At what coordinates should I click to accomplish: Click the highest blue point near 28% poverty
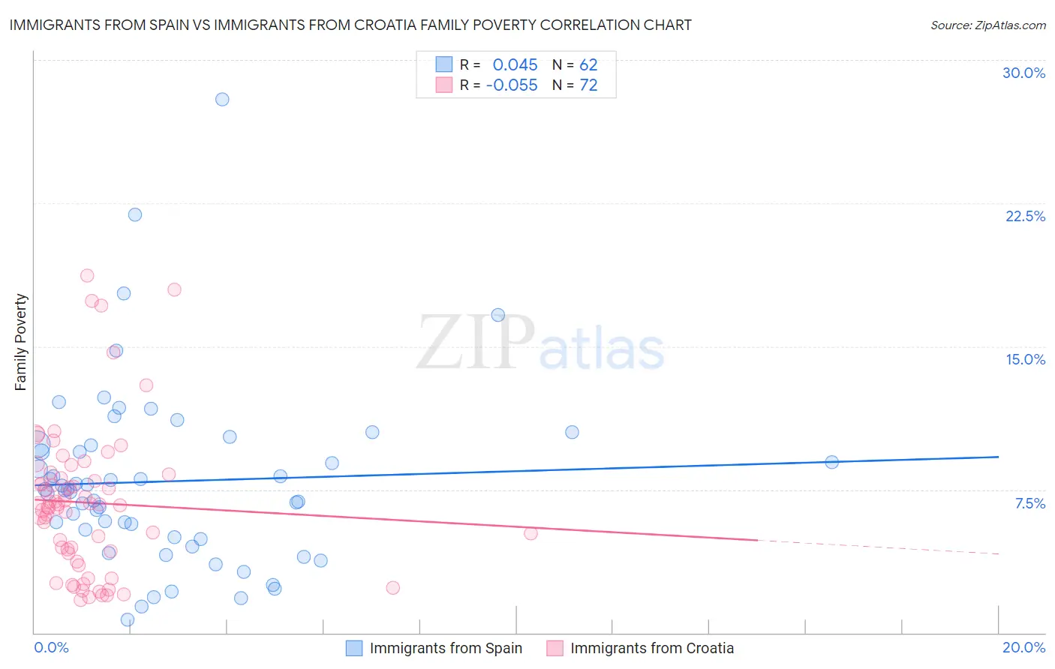coord(222,99)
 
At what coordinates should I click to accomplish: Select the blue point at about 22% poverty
coord(135,214)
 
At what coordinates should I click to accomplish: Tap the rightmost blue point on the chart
coord(831,462)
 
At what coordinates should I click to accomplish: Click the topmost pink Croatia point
coord(87,275)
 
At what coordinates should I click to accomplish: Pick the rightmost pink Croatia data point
coord(531,533)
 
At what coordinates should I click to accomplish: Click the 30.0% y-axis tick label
coord(1023,73)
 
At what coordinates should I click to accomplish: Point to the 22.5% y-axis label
coord(1025,216)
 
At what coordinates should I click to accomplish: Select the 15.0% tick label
coord(1025,359)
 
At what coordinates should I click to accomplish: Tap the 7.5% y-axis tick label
coord(1029,503)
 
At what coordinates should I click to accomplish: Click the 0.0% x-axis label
coord(51,647)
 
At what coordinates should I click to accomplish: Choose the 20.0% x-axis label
coord(1023,647)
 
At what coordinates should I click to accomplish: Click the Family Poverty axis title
coord(21,342)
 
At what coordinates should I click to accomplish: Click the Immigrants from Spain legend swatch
coord(354,648)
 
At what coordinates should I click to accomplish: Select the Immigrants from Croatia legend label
coord(651,648)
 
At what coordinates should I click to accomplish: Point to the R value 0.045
coord(515,65)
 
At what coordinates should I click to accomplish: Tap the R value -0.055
coord(512,85)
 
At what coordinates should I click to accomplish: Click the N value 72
coord(588,85)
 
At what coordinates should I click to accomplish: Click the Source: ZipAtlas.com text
coord(987,25)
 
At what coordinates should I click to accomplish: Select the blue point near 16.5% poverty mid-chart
coord(497,315)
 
